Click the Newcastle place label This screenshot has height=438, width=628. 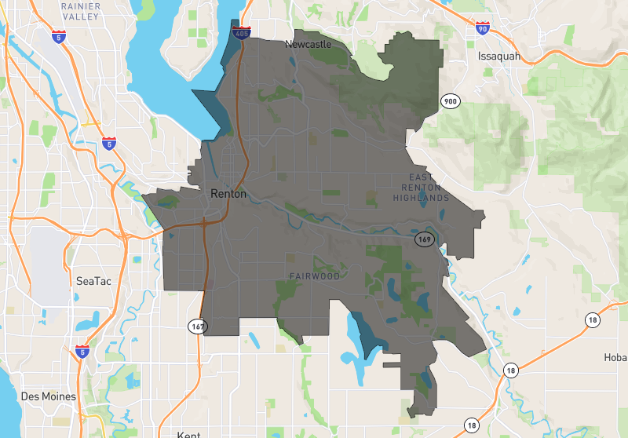pyautogui.click(x=309, y=45)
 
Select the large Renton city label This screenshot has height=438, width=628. pyautogui.click(x=228, y=193)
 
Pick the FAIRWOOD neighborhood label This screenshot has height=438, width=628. pyautogui.click(x=314, y=276)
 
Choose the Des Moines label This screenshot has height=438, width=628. pyautogui.click(x=49, y=396)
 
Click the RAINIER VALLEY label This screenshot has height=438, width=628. pyautogui.click(x=79, y=11)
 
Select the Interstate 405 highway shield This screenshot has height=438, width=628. pyautogui.click(x=242, y=33)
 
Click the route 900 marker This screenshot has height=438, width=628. pyautogui.click(x=450, y=101)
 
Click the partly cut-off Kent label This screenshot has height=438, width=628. pyautogui.click(x=189, y=434)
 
